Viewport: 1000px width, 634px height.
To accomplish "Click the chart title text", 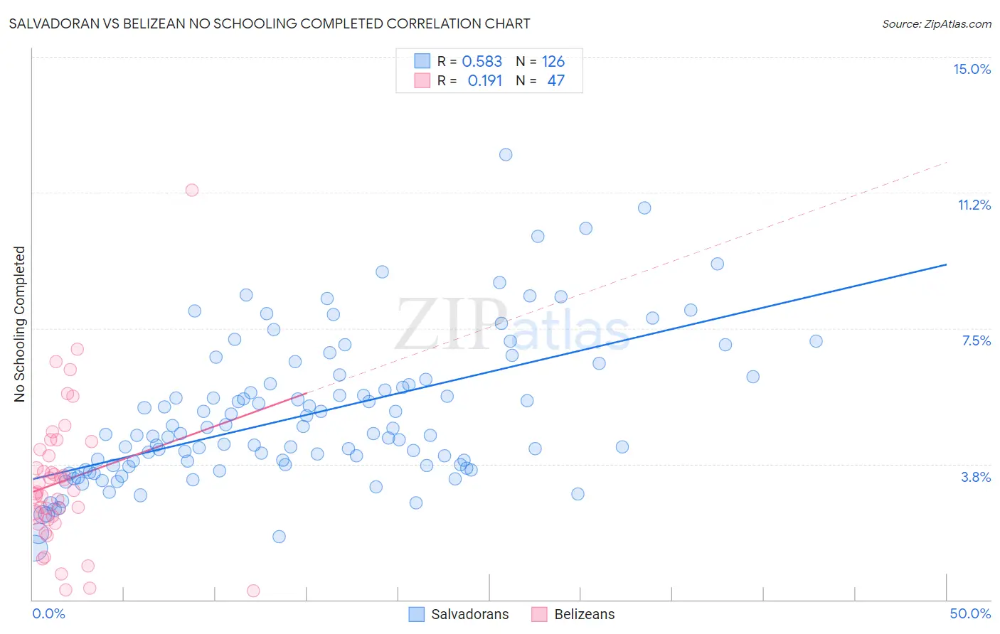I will pyautogui.click(x=270, y=23).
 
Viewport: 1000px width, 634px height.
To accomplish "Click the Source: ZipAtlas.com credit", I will pyautogui.click(x=936, y=23).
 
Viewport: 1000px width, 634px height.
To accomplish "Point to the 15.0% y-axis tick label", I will pyautogui.click(x=972, y=69).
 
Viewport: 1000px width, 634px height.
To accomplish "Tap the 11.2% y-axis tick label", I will pyautogui.click(x=974, y=205).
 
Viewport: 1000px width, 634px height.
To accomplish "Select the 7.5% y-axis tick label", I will pyautogui.click(x=976, y=340).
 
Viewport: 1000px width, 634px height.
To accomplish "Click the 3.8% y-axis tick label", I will pyautogui.click(x=976, y=477).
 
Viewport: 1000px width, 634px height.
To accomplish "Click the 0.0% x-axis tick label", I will pyautogui.click(x=48, y=613).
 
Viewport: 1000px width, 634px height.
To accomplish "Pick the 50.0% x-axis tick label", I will pyautogui.click(x=970, y=613).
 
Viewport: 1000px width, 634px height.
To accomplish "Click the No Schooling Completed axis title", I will pyautogui.click(x=20, y=324).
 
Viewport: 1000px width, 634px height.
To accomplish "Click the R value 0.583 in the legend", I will pyautogui.click(x=482, y=62).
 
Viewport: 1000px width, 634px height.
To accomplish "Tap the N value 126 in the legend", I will pyautogui.click(x=553, y=62).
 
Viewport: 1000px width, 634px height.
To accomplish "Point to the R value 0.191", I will pyautogui.click(x=484, y=81).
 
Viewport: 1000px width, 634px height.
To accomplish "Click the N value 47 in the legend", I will pyautogui.click(x=555, y=81).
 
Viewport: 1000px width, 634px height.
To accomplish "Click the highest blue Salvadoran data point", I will pyautogui.click(x=506, y=154).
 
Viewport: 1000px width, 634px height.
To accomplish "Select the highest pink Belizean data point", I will pyautogui.click(x=191, y=190).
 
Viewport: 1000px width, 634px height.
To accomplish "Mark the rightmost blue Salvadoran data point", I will pyautogui.click(x=816, y=341).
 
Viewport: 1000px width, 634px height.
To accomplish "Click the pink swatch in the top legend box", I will pyautogui.click(x=422, y=80).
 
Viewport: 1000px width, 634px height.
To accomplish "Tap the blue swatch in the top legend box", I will pyautogui.click(x=422, y=61).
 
